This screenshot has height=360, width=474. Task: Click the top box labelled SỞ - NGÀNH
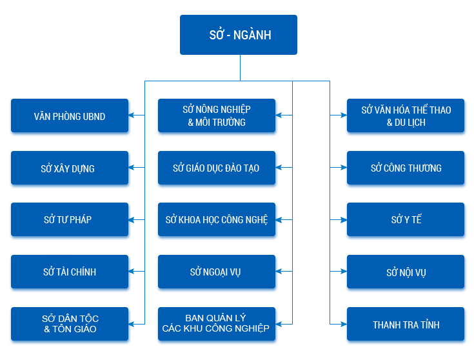[x=239, y=35]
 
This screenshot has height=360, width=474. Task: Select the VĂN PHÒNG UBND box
[x=70, y=115]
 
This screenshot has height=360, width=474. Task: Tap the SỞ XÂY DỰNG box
[x=70, y=168]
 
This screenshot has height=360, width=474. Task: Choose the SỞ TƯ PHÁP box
[x=70, y=219]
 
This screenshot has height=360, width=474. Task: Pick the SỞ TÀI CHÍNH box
[x=70, y=272]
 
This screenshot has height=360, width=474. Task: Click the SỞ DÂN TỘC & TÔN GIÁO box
[x=70, y=324]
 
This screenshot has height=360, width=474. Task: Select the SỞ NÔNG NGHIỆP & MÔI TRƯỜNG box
[x=217, y=115]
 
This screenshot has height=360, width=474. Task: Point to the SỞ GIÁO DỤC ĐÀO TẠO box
[x=217, y=168]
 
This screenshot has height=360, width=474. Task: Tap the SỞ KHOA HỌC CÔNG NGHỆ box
[x=217, y=219]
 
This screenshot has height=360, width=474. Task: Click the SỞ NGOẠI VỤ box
[x=217, y=272]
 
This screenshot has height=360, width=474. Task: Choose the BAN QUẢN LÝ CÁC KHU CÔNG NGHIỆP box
[x=217, y=324]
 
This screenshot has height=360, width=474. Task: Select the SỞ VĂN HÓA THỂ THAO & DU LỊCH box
[x=406, y=115]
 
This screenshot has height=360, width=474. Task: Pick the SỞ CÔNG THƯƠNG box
[x=406, y=168]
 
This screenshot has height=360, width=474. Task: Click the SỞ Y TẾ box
[x=406, y=219]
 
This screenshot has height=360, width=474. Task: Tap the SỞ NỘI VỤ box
[x=406, y=272]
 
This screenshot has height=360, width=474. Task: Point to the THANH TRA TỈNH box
[x=406, y=324]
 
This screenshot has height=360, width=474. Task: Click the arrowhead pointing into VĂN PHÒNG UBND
[x=132, y=115]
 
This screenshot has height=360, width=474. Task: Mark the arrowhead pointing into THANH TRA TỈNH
[x=344, y=325]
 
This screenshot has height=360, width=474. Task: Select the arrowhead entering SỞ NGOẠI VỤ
[x=279, y=272]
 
